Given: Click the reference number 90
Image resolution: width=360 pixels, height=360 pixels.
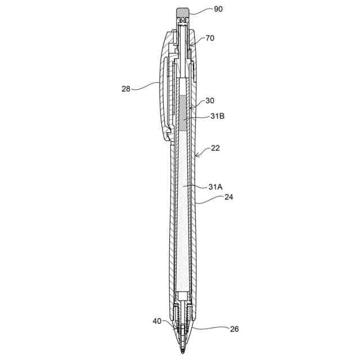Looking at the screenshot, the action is point(218,9).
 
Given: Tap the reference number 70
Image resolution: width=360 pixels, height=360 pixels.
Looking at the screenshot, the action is point(210,38).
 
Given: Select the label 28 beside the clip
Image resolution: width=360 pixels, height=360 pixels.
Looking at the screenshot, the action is point(126,89).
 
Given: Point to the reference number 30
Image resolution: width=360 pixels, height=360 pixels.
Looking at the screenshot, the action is point(210,100).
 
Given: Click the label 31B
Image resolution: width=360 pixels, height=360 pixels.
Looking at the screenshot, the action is point(218,116).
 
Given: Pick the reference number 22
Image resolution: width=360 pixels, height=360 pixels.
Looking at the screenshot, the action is point(215,148).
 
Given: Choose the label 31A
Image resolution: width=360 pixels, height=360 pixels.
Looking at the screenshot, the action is point(215,187).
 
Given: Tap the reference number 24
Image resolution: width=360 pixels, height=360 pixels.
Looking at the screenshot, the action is point(229,197).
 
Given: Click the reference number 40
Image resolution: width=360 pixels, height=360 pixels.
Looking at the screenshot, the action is point(157,321).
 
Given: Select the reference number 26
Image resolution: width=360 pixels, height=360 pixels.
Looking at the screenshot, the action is point(234,328).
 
